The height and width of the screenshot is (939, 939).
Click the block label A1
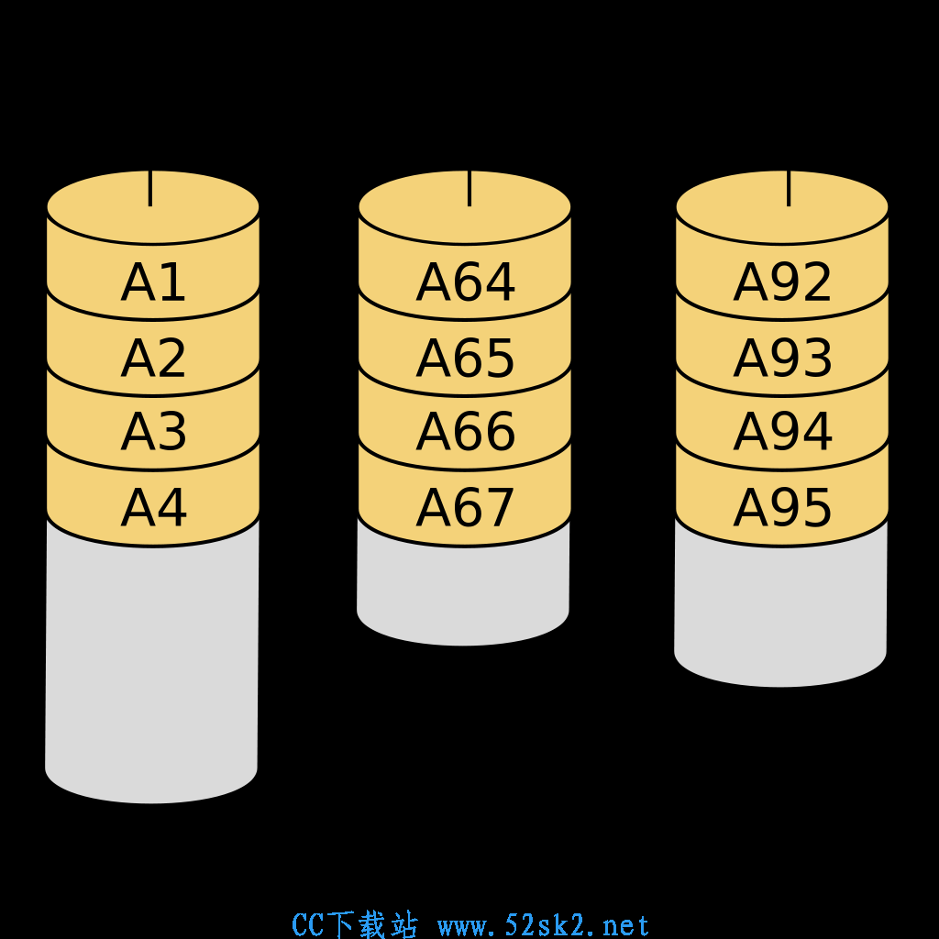tap(153, 282)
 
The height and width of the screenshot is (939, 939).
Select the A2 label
tap(153, 359)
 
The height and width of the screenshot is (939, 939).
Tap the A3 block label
tap(153, 431)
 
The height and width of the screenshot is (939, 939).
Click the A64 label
tap(465, 282)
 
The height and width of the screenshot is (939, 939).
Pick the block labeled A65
tap(465, 359)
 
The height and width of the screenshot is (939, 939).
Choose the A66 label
tap(465, 431)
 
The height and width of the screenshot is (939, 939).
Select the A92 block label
tap(783, 282)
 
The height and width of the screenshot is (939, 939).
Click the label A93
tap(783, 359)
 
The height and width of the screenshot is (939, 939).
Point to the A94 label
tap(783, 431)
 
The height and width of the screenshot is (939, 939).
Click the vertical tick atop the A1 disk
tap(150, 189)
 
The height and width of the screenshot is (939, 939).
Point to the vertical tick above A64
tap(469, 189)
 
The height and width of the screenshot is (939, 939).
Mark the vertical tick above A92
tap(789, 189)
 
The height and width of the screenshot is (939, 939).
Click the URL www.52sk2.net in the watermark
tap(544, 926)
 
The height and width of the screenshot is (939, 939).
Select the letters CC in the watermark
tap(308, 925)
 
